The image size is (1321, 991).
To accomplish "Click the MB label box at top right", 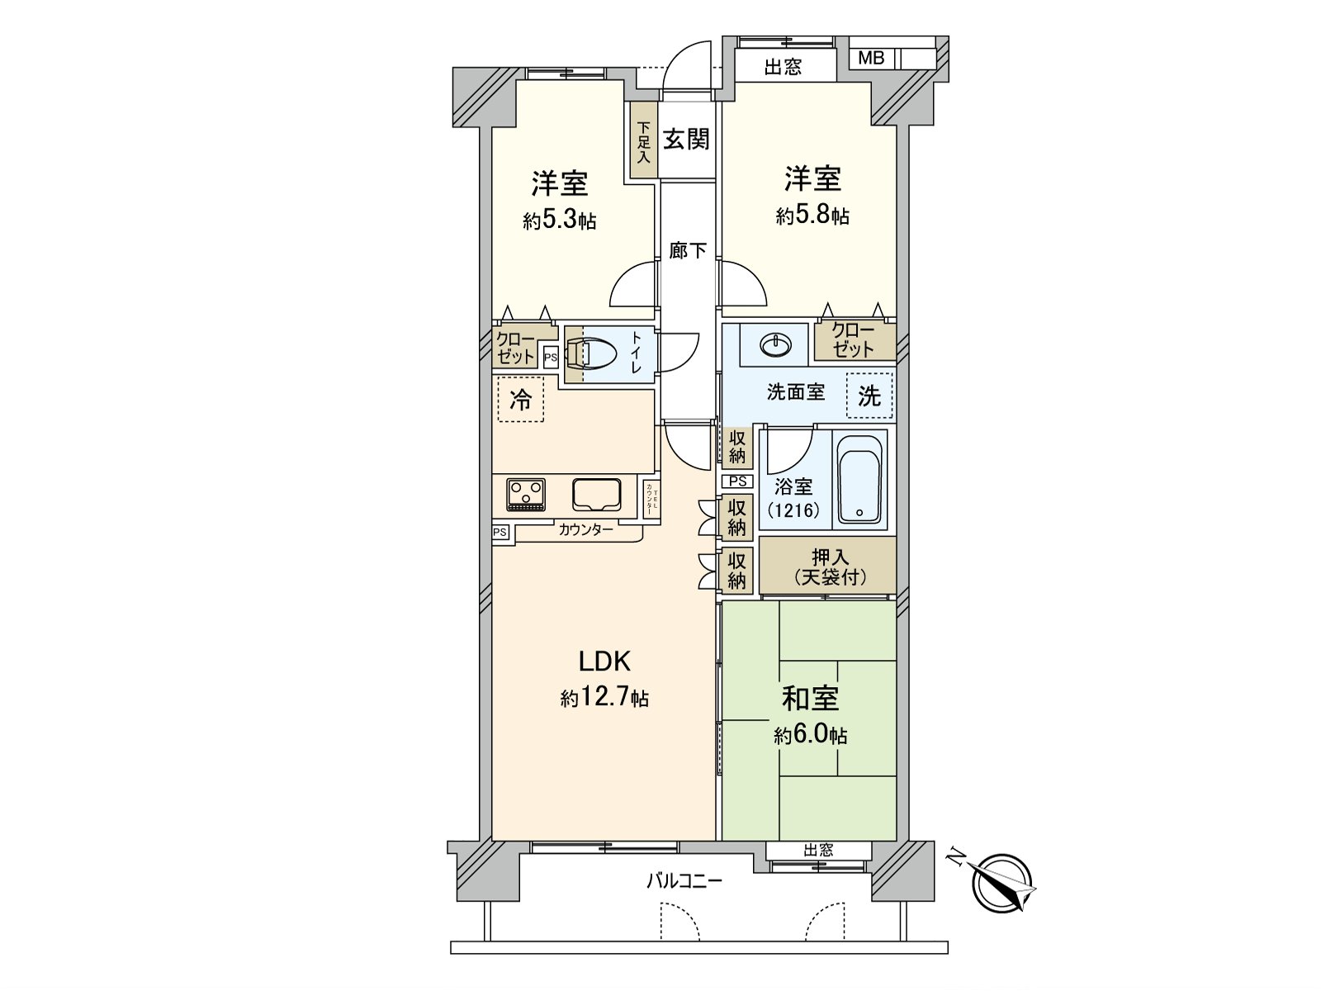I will tap(871, 58).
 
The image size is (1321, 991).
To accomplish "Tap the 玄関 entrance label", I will tap(687, 139).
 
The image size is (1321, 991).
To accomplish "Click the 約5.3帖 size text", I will tap(559, 221).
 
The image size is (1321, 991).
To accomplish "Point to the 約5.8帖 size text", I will tap(812, 216).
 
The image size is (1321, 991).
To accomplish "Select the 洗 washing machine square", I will tap(869, 396).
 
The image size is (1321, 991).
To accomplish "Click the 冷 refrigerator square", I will tap(521, 400).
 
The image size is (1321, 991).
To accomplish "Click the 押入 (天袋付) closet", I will tap(828, 566).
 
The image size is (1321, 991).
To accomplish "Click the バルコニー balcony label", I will tap(684, 880).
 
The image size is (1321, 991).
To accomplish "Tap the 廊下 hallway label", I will tap(687, 249).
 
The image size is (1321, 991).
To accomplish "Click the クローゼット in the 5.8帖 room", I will tap(854, 339).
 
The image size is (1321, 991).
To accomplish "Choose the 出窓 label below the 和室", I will tap(817, 850).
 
